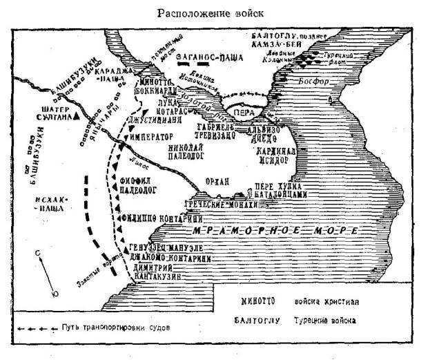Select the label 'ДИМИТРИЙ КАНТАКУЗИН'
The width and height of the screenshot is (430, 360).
click(x=155, y=269)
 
